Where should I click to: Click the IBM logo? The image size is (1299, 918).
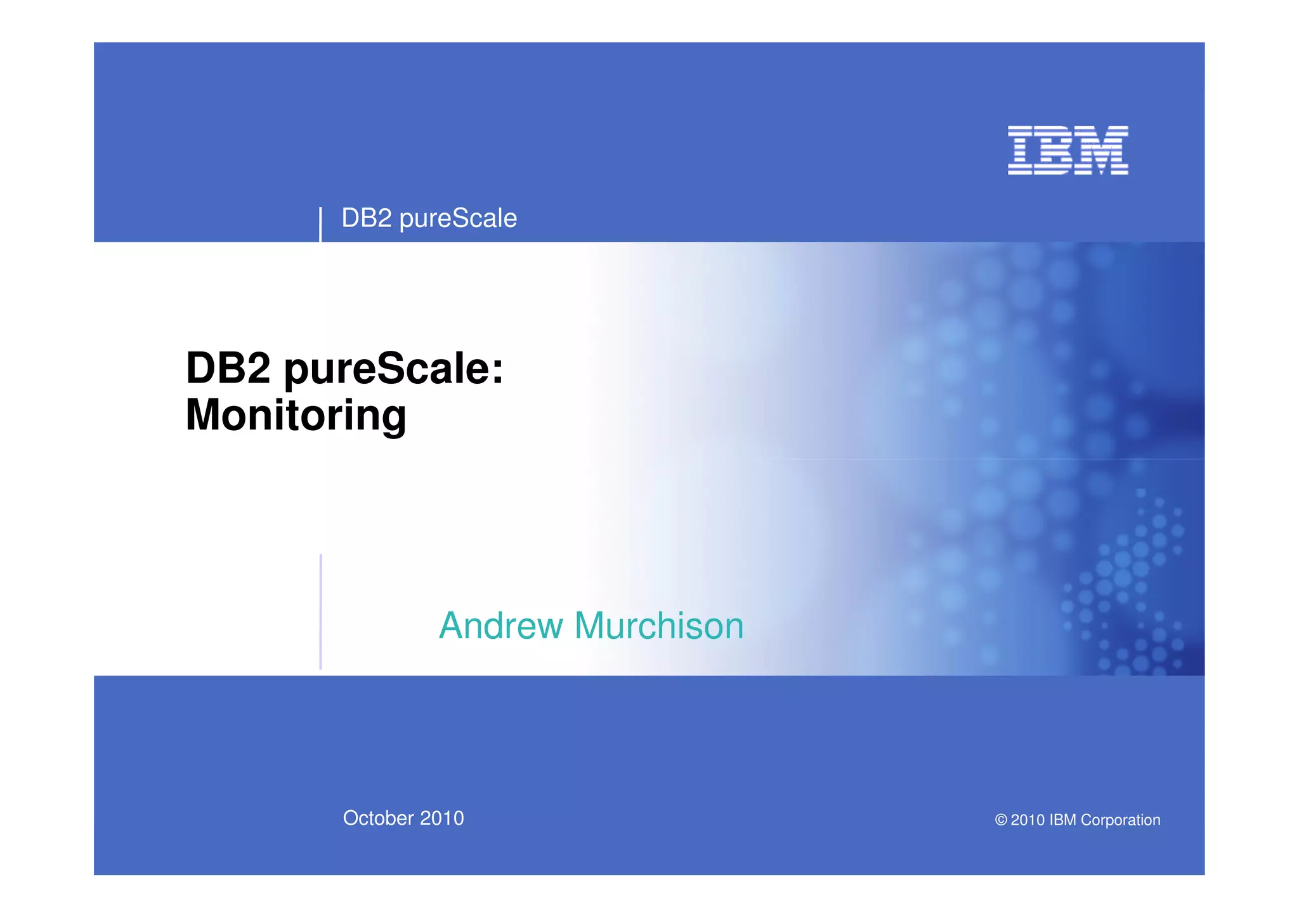pyautogui.click(x=1067, y=150)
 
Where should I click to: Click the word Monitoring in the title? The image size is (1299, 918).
pyautogui.click(x=296, y=416)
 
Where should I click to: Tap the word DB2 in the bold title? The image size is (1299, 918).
pyautogui.click(x=228, y=368)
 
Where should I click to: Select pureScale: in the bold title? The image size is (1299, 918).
pyautogui.click(x=393, y=369)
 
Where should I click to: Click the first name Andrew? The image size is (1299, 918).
pyautogui.click(x=501, y=626)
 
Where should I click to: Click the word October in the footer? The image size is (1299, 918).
pyautogui.click(x=378, y=818)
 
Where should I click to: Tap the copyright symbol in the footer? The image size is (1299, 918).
pyautogui.click(x=1001, y=820)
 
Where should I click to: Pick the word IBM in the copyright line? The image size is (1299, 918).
pyautogui.click(x=1062, y=820)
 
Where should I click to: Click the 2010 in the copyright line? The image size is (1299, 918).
pyautogui.click(x=1028, y=820)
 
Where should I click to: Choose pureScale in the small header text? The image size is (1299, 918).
pyautogui.click(x=458, y=219)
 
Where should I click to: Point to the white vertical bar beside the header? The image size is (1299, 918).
pyautogui.click(x=320, y=224)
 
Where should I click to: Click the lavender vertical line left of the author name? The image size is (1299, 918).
pyautogui.click(x=321, y=612)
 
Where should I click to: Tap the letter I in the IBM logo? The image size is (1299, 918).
pyautogui.click(x=1021, y=150)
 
